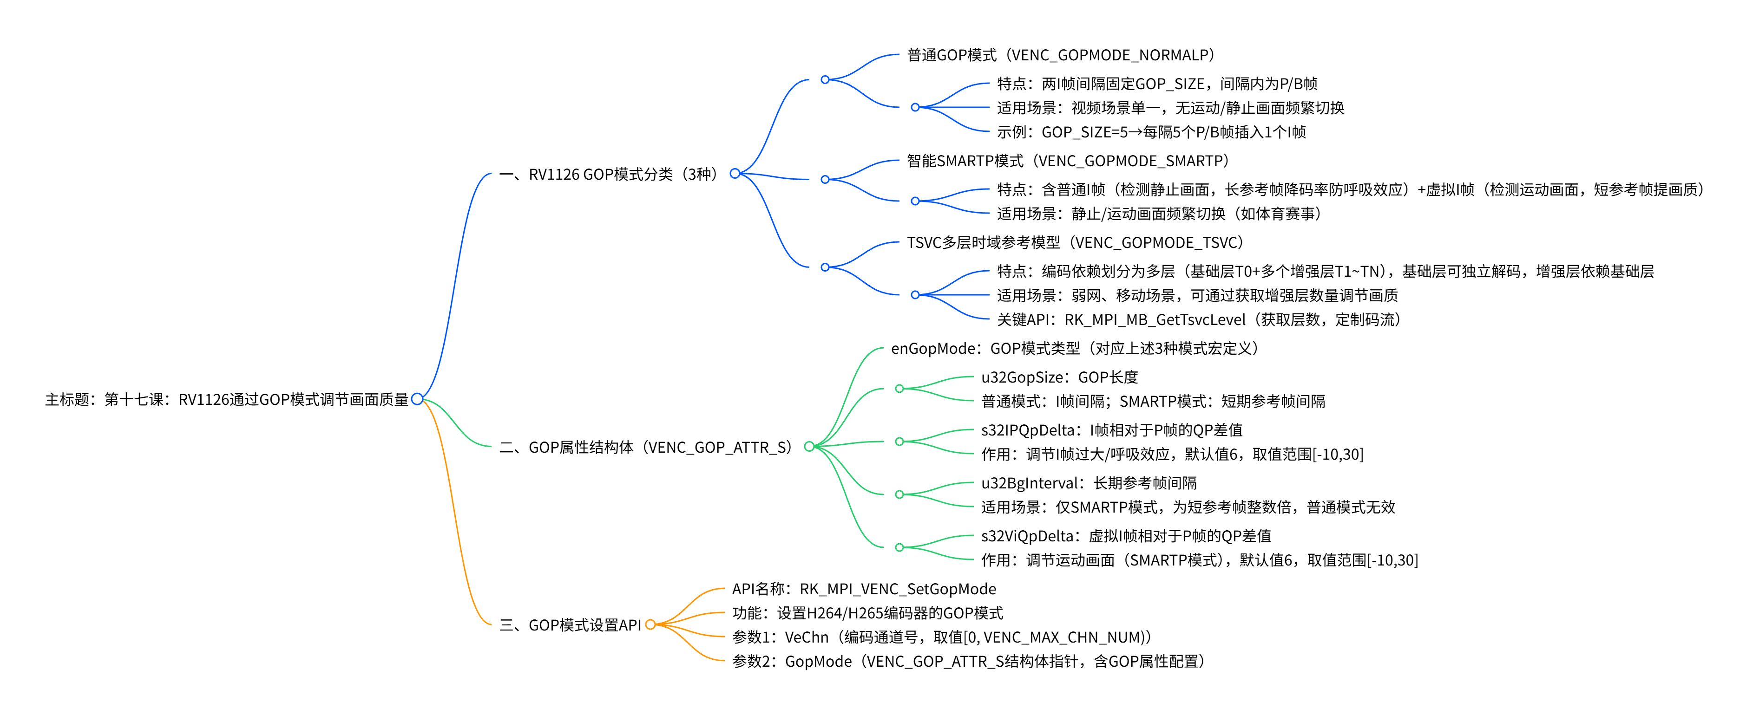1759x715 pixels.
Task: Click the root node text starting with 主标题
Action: tap(227, 399)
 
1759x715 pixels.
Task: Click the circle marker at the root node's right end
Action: tap(417, 399)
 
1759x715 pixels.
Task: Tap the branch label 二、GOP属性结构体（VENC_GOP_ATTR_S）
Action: tap(645, 447)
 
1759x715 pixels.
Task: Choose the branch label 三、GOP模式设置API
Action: tap(570, 625)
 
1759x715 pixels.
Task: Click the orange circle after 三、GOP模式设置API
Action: tap(650, 624)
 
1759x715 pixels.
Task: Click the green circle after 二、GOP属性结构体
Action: tap(809, 447)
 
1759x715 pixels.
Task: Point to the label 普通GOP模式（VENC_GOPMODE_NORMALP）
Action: tap(1060, 55)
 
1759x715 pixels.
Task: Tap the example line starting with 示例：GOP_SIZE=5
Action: tap(1151, 132)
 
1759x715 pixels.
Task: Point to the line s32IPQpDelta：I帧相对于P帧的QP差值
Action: tap(1112, 430)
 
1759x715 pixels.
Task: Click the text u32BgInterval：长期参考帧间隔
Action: tap(1089, 483)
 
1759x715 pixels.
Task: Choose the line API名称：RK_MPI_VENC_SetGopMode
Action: tap(864, 589)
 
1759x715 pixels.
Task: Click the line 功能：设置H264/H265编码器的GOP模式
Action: tap(867, 613)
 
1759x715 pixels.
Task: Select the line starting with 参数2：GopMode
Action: tap(968, 661)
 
